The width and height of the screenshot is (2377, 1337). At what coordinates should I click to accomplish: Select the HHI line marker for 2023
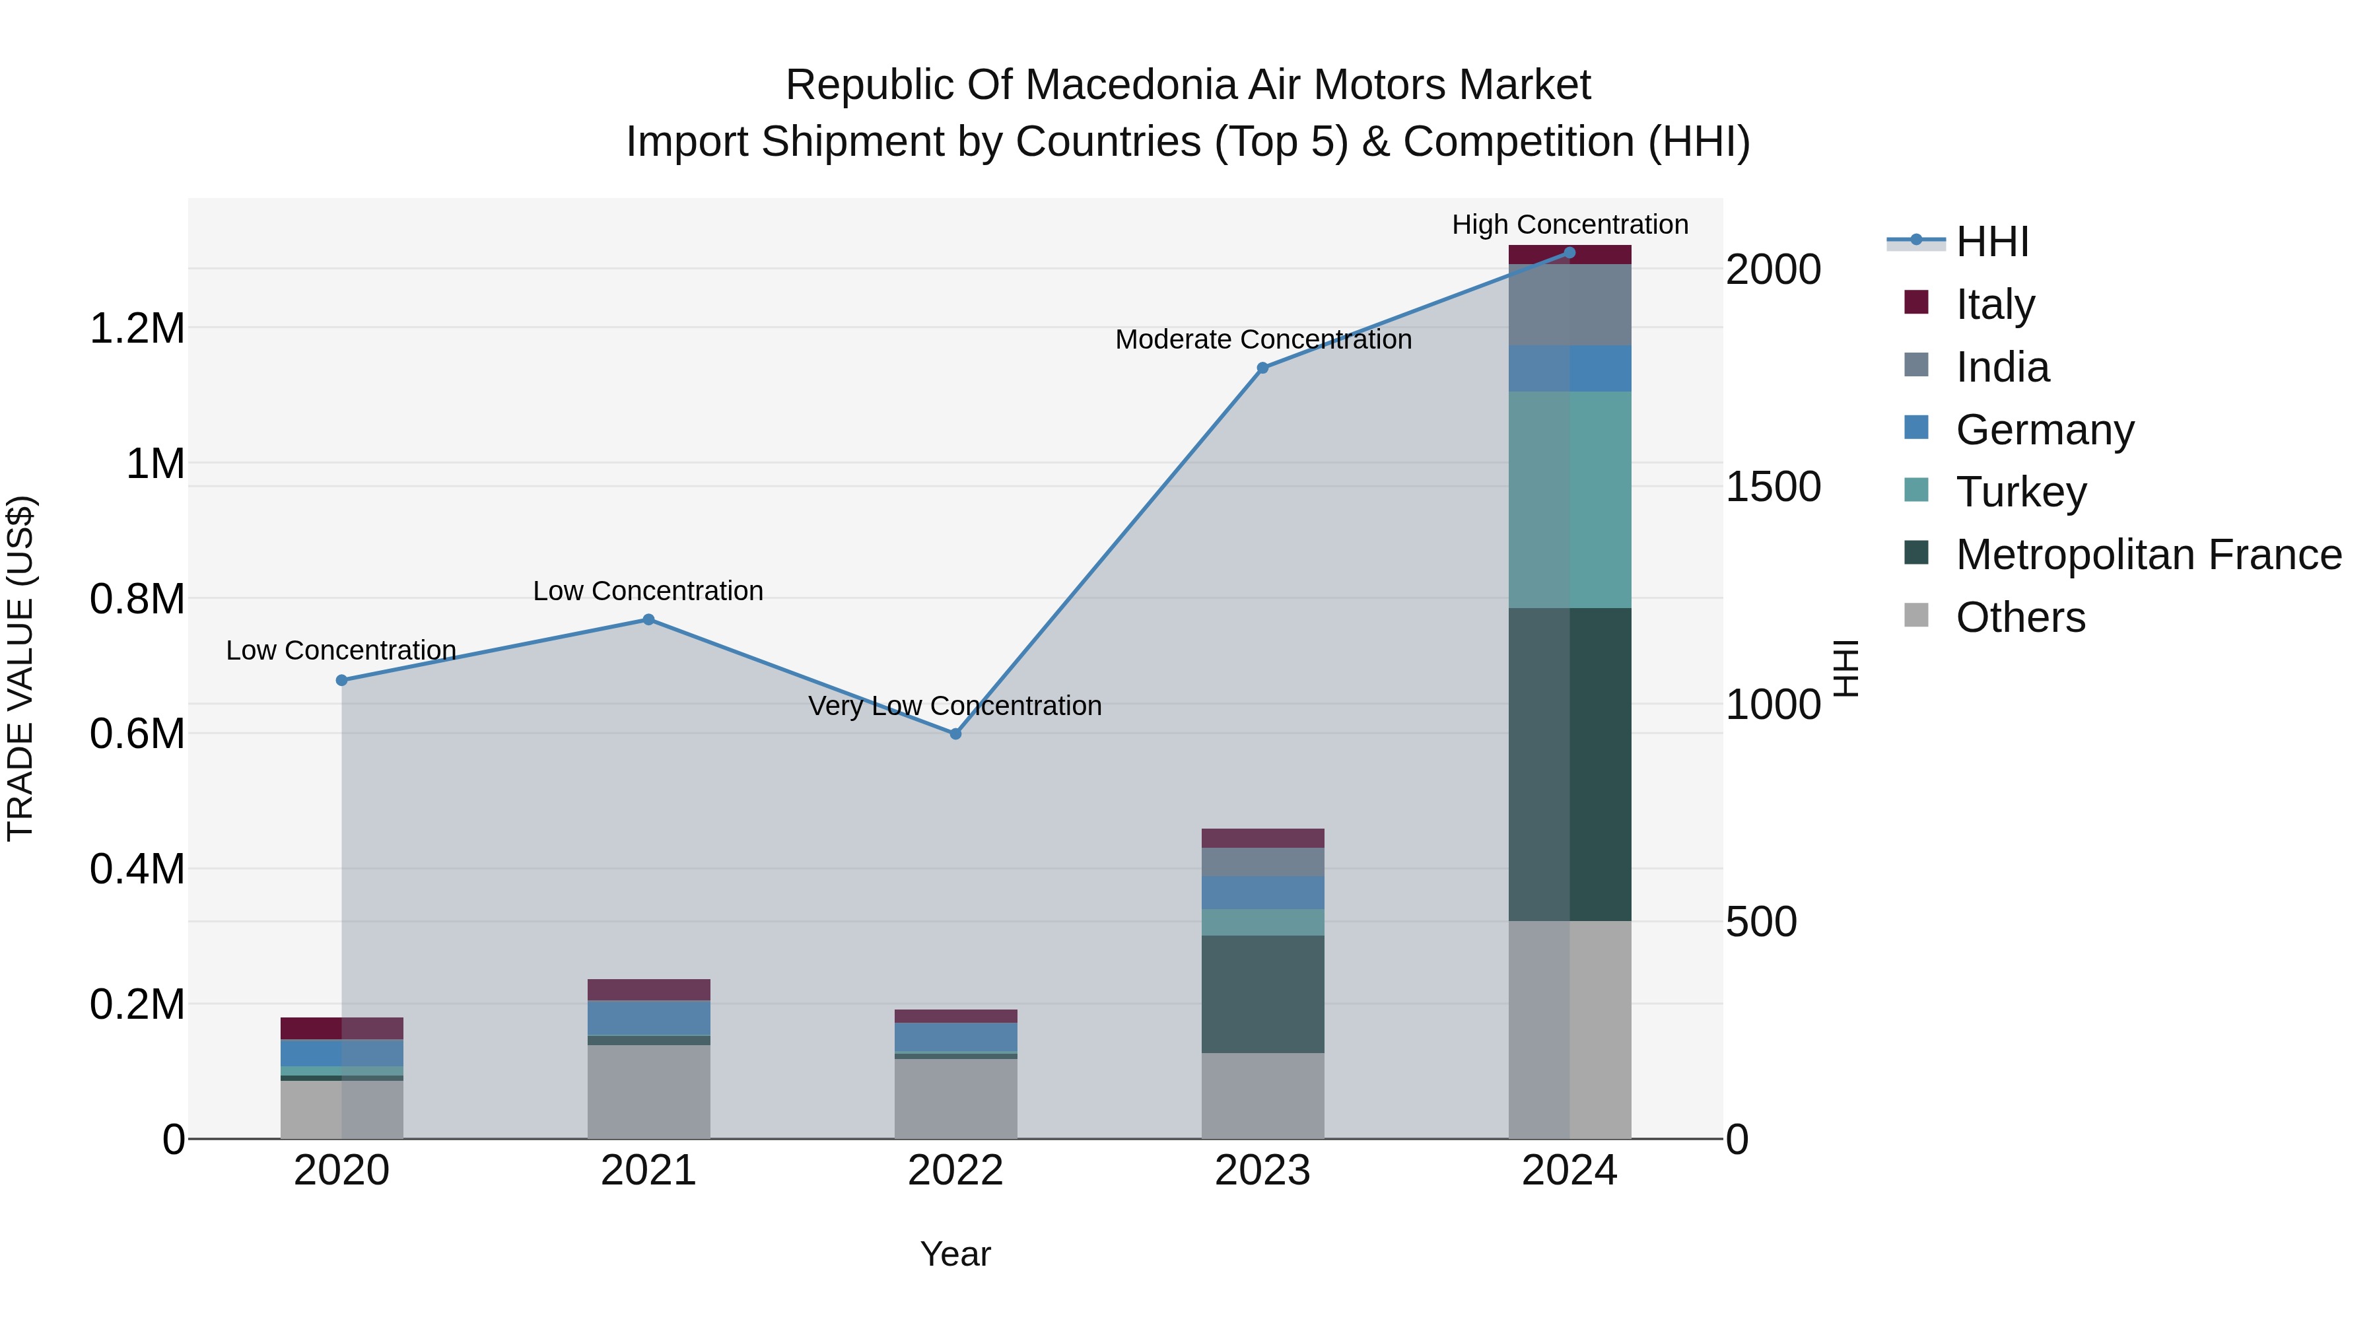1262,367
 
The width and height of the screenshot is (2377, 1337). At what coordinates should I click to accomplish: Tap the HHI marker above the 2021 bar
648,619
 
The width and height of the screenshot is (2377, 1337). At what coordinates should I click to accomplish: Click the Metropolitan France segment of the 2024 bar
1569,764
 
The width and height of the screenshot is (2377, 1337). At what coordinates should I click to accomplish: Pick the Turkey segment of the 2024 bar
1569,499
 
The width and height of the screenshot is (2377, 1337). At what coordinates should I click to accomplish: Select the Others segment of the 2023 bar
1262,1095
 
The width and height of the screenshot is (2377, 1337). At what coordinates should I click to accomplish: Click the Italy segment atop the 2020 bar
341,1028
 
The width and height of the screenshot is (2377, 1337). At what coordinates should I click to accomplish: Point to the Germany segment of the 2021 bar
648,1017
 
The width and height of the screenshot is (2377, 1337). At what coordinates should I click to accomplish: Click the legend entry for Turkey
2021,492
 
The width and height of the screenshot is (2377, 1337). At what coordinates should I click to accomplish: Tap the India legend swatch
1915,365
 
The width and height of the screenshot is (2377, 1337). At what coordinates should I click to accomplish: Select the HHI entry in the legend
1991,242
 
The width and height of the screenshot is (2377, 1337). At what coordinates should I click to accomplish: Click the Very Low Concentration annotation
955,706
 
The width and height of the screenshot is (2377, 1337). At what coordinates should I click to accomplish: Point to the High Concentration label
1569,224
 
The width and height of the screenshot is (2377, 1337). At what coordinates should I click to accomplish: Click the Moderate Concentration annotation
1263,339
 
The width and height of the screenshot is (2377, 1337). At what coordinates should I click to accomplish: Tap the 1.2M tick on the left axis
137,329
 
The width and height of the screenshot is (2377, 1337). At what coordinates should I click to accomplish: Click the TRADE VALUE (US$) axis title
20,668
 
